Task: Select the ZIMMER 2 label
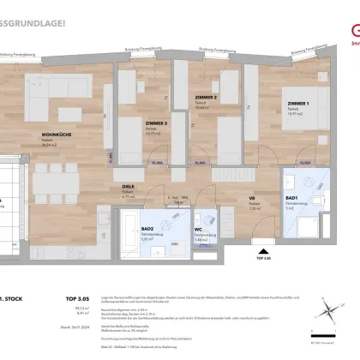tap(204, 98)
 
